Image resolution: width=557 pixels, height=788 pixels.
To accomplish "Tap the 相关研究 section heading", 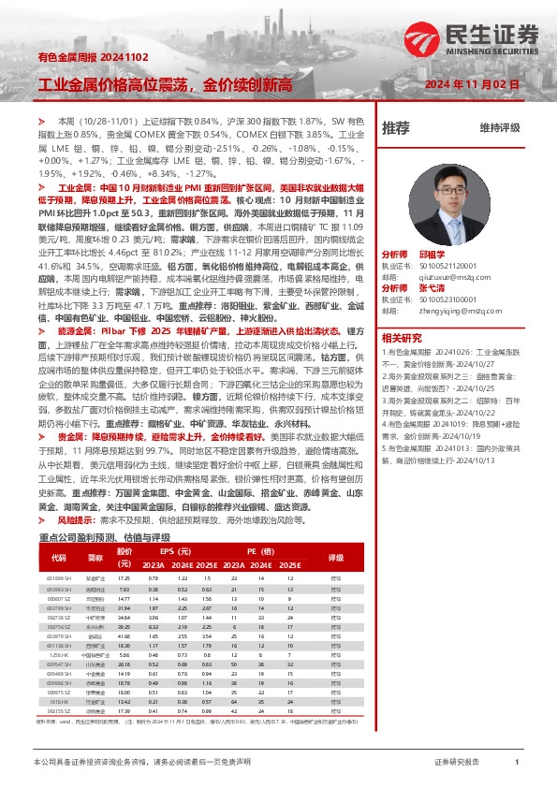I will click(403, 337).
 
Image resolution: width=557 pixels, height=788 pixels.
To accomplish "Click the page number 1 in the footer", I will click(517, 764).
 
